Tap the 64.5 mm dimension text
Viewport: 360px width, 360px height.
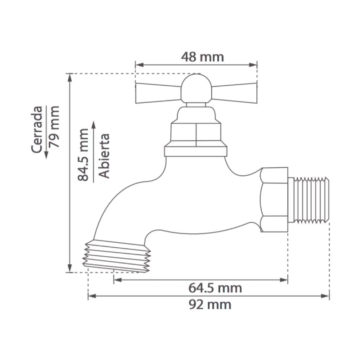[215, 288]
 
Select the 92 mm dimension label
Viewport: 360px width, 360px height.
[210, 305]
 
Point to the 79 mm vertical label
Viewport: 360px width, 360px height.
[54, 127]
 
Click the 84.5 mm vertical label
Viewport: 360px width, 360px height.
[84, 155]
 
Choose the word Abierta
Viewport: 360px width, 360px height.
[104, 156]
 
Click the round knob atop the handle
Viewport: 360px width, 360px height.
[196, 88]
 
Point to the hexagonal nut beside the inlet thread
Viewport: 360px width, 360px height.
[274, 199]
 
